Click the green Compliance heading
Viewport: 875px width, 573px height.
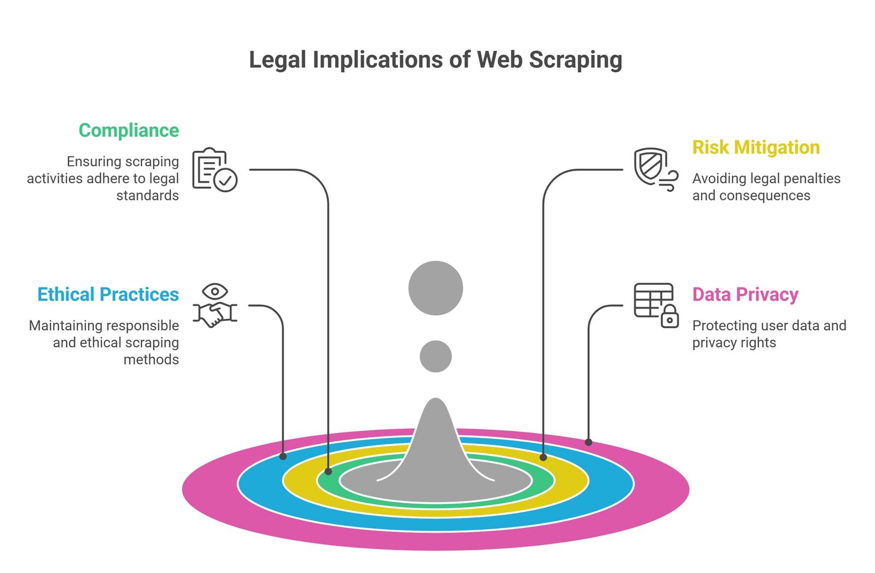tap(129, 131)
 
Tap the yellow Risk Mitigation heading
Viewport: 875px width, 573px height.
tap(756, 148)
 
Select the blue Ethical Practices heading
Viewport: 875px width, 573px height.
tap(108, 295)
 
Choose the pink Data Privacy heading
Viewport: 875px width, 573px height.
tap(745, 295)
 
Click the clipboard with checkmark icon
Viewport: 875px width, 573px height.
tap(215, 169)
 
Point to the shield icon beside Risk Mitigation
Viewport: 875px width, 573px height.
tap(650, 166)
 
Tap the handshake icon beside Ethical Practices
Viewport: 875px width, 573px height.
tap(215, 314)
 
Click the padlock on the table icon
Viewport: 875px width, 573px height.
tap(669, 317)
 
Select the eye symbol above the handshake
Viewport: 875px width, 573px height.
tap(215, 291)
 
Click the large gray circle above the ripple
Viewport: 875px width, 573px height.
tap(435, 288)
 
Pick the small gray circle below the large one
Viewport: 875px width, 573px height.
tap(435, 356)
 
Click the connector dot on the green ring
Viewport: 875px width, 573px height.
tap(329, 471)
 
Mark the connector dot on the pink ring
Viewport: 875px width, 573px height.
tap(588, 442)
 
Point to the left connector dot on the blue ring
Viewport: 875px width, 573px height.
tap(283, 456)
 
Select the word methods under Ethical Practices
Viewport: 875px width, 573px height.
tap(151, 360)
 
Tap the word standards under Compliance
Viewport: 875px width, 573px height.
tap(148, 196)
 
